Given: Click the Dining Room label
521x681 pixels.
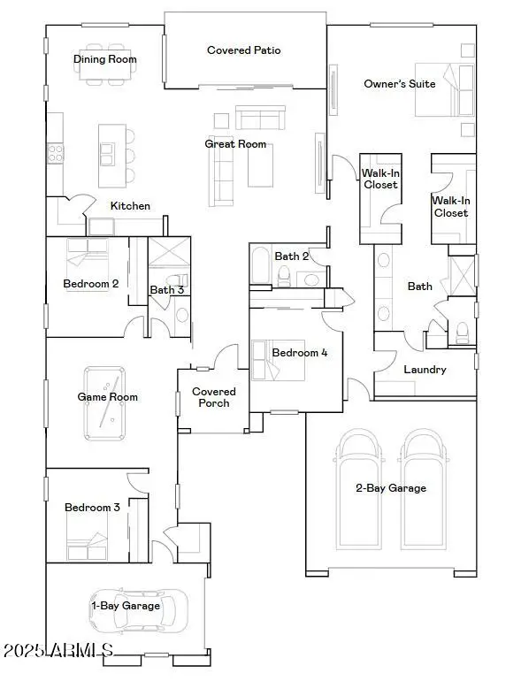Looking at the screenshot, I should [x=104, y=59].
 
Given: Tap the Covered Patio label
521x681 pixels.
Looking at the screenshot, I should [x=243, y=50].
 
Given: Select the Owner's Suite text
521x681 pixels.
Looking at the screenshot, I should [x=399, y=84].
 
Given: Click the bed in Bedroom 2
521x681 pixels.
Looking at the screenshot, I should [x=88, y=256].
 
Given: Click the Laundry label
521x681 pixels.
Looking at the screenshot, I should [x=425, y=370].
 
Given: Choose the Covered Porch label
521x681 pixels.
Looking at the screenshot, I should [x=214, y=397].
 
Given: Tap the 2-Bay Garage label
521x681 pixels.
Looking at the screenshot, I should [x=391, y=488].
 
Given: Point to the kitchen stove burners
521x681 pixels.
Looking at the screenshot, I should [x=55, y=153].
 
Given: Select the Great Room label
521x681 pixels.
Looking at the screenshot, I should [x=235, y=143].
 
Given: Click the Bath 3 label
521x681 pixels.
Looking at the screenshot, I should [x=166, y=289].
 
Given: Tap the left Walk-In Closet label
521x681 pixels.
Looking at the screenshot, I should [x=379, y=179].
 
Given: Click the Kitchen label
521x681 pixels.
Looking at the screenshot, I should [x=130, y=206].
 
